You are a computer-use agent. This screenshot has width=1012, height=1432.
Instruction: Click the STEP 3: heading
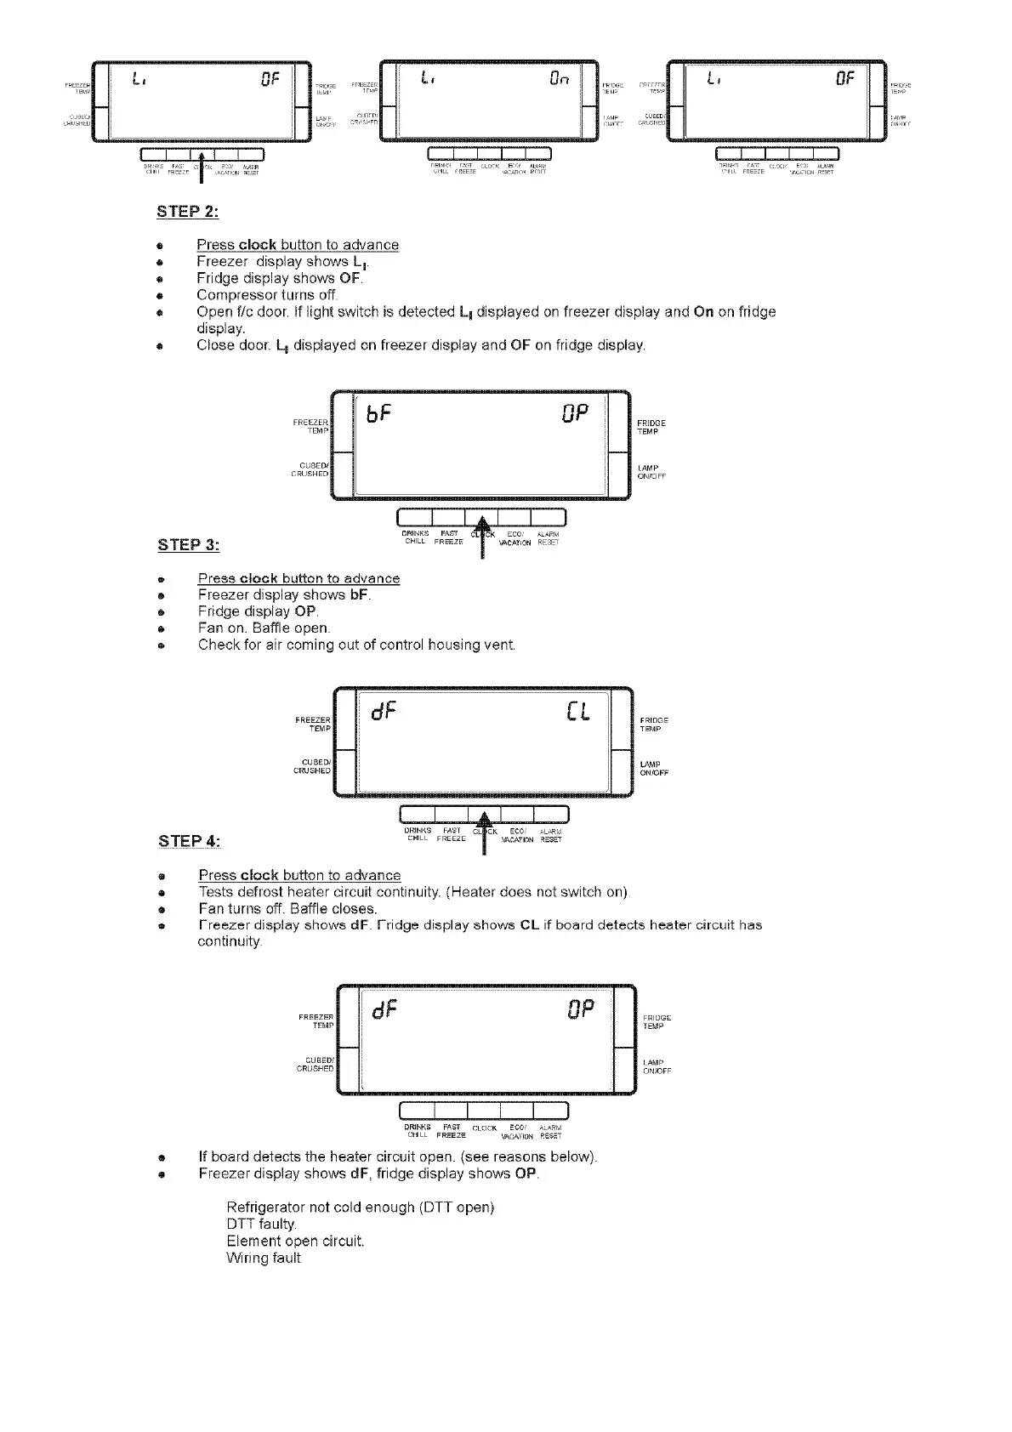188,544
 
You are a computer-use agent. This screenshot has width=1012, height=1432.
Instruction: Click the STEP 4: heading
189,841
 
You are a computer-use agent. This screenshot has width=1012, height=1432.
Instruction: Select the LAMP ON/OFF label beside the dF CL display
654,769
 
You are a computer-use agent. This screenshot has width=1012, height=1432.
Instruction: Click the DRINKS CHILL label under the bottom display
417,1131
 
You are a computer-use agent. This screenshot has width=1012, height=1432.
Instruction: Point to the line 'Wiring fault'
264,1258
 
